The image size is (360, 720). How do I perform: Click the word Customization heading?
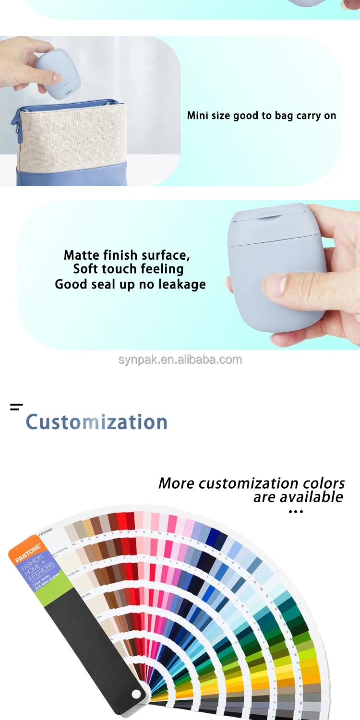[96, 422]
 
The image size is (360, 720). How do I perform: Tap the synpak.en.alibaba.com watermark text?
[180, 360]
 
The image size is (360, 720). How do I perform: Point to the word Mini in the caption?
[197, 116]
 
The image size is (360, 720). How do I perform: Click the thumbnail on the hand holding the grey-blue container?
[275, 285]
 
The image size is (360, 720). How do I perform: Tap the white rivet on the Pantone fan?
[136, 694]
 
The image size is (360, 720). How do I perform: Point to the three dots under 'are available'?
[296, 512]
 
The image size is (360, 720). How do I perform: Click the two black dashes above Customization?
[16, 407]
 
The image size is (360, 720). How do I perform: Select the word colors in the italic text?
[324, 483]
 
